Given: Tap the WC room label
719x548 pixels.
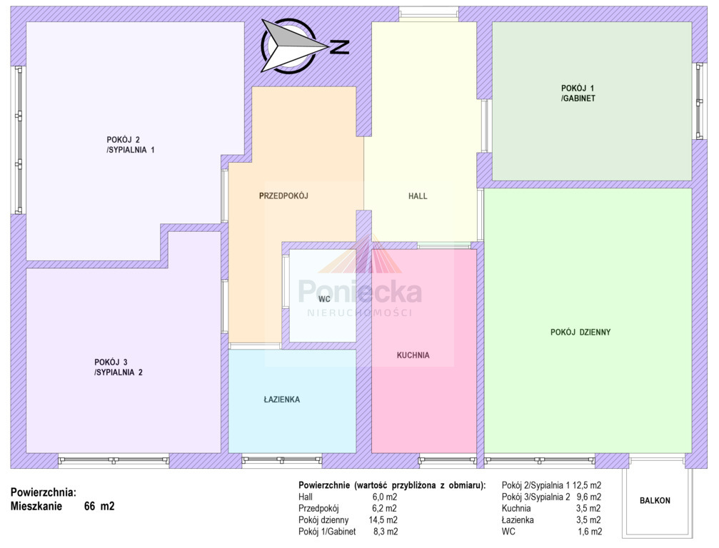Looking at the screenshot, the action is pyautogui.click(x=324, y=299).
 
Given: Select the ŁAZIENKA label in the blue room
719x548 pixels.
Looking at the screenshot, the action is pyautogui.click(x=281, y=399).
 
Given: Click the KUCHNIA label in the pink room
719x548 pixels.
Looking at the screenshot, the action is pyautogui.click(x=413, y=355).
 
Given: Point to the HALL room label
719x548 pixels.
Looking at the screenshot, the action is pyautogui.click(x=418, y=196).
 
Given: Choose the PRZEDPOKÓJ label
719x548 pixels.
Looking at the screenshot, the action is pyautogui.click(x=283, y=196).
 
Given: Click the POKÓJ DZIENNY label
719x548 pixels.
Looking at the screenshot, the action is pyautogui.click(x=580, y=333).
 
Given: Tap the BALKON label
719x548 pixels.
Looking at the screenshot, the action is pyautogui.click(x=655, y=501).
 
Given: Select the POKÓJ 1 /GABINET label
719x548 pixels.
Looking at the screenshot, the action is pyautogui.click(x=578, y=93).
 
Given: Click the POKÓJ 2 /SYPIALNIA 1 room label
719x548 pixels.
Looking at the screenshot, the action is pyautogui.click(x=130, y=145).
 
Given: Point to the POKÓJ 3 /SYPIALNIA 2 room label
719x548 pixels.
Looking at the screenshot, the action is pyautogui.click(x=119, y=367).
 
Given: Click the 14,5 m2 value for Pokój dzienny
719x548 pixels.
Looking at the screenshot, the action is pyautogui.click(x=383, y=520).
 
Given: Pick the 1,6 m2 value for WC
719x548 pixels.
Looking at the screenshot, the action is pyautogui.click(x=590, y=532).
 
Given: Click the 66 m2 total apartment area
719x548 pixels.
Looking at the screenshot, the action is pyautogui.click(x=99, y=507).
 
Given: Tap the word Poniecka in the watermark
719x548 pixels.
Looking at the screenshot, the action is pyautogui.click(x=360, y=292).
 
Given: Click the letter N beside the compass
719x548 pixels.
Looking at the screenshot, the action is pyautogui.click(x=340, y=47).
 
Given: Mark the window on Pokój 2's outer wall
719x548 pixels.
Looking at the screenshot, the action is pyautogui.click(x=19, y=140).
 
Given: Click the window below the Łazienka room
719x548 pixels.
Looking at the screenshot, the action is pyautogui.click(x=281, y=460).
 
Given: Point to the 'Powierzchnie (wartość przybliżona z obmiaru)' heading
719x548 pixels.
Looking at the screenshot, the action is pyautogui.click(x=392, y=485).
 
